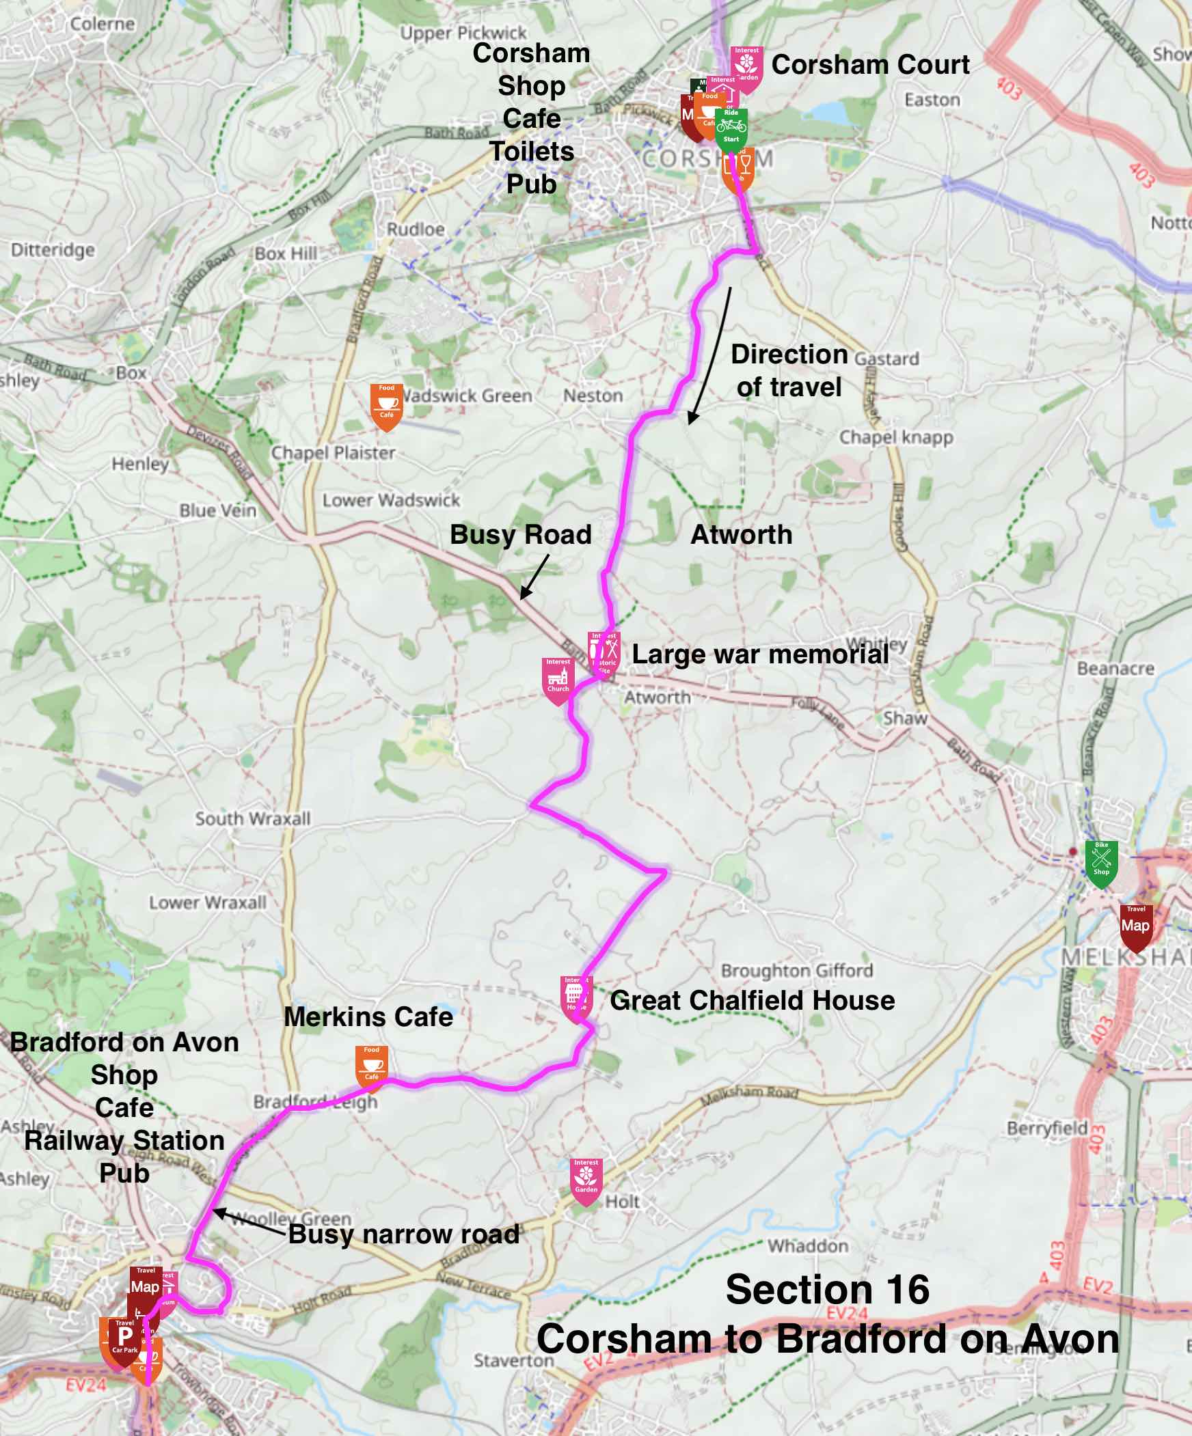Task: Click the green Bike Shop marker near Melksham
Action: pos(1101,862)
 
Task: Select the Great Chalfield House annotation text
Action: pos(752,1000)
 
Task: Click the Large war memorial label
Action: pos(759,654)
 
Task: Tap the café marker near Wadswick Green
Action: pos(387,406)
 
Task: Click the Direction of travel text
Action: pos(788,370)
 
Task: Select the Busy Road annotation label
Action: pos(520,534)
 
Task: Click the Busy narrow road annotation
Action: pos(404,1234)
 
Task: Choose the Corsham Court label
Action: pos(869,65)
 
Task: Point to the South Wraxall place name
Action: pos(252,818)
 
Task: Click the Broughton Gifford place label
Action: pos(796,970)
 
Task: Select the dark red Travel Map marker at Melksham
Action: pos(1135,927)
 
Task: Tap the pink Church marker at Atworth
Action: pos(558,680)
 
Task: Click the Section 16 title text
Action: pos(827,1289)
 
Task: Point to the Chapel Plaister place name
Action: pos(334,453)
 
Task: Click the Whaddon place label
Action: pos(807,1246)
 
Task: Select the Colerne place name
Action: pos(103,24)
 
